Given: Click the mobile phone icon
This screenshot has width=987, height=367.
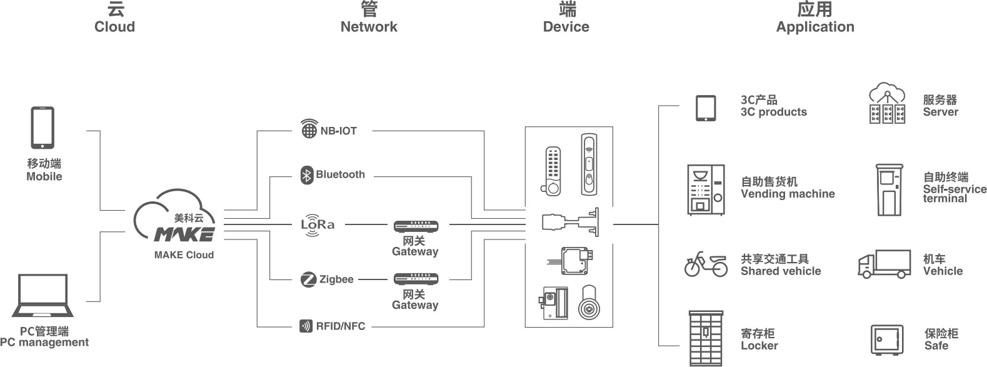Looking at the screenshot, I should pyautogui.click(x=43, y=128).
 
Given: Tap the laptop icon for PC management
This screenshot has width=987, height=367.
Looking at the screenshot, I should pyautogui.click(x=43, y=296).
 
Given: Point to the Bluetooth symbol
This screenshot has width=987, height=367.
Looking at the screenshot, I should pyautogui.click(x=307, y=174).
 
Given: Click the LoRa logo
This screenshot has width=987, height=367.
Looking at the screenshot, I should pyautogui.click(x=318, y=224).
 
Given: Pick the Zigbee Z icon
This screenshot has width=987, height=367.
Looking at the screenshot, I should pyautogui.click(x=308, y=279).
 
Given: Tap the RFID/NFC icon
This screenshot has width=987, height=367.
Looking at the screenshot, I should pyautogui.click(x=306, y=326).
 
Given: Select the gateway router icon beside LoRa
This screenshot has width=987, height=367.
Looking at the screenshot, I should pyautogui.click(x=416, y=225).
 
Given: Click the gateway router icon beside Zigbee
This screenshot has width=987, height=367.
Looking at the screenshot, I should pyautogui.click(x=416, y=279).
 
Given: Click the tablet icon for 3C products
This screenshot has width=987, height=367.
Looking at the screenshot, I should pyautogui.click(x=706, y=108).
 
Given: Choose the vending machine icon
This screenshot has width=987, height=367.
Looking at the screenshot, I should pyautogui.click(x=706, y=190).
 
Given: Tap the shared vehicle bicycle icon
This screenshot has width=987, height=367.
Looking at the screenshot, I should pyautogui.click(x=706, y=264).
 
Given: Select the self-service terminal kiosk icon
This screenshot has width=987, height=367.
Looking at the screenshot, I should pyautogui.click(x=888, y=190).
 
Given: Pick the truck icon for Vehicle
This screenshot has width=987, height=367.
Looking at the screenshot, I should pyautogui.click(x=884, y=264).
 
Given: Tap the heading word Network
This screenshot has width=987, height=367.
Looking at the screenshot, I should pyautogui.click(x=369, y=27).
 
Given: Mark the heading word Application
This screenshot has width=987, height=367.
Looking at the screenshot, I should pyautogui.click(x=814, y=27).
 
